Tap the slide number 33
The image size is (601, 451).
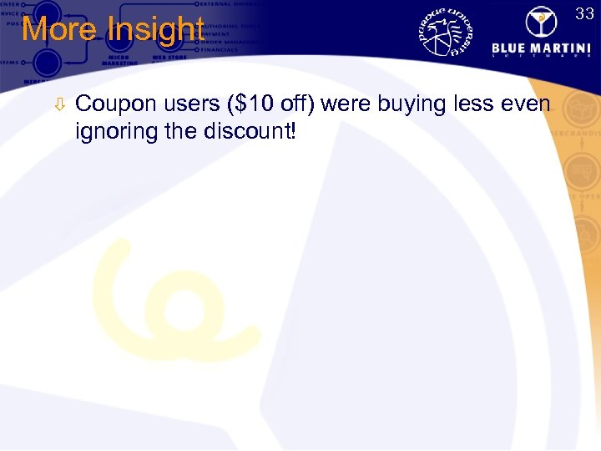point(583,12)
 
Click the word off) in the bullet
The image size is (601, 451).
point(299,105)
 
